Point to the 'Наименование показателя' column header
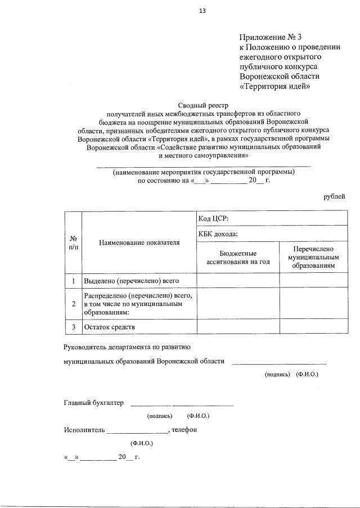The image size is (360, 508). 139,242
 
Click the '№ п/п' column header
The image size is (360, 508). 73,242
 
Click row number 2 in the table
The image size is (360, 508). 74,304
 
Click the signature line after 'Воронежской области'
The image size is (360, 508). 279,363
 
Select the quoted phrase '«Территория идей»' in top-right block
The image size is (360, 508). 275,87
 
